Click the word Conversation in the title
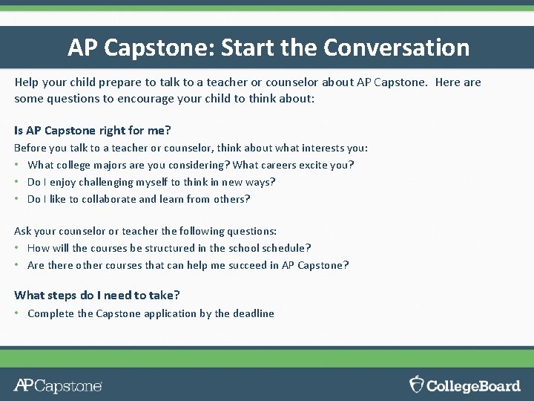pos(397,48)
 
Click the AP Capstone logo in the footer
pos(58,385)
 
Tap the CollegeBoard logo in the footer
pos(465,385)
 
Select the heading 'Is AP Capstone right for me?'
pos(93,131)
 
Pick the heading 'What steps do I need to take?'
pos(97,295)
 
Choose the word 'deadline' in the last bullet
pos(254,313)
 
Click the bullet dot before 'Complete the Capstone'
pos(17,313)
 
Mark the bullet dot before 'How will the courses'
pos(17,248)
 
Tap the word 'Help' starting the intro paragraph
pos(27,82)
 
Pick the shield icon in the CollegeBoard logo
pos(417,384)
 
